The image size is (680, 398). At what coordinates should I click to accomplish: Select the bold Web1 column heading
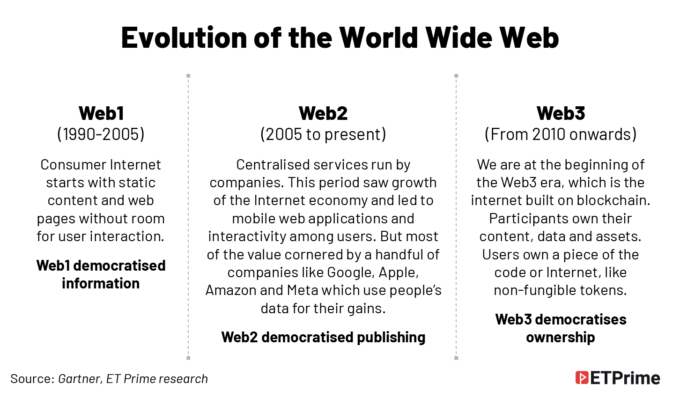coord(101,113)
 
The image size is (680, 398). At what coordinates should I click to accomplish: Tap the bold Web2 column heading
coord(323,113)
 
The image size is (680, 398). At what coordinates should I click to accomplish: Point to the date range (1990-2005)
coord(101,134)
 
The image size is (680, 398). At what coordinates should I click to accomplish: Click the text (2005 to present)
coord(323,134)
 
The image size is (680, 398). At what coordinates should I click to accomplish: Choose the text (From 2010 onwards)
coord(561,134)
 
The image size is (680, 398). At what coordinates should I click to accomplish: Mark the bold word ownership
coord(560,338)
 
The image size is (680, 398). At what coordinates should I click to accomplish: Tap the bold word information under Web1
coord(101,284)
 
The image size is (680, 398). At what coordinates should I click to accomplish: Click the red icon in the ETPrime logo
coord(582,378)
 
